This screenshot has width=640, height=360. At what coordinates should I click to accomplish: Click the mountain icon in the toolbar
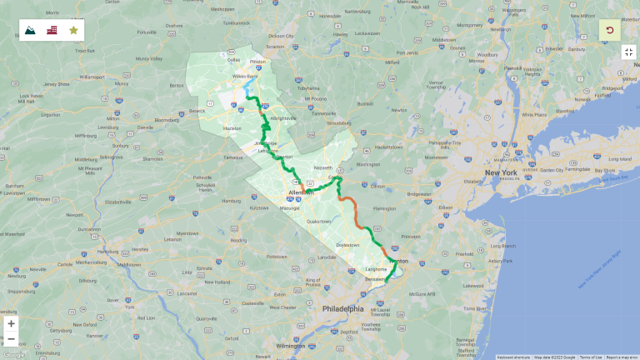tap(31, 30)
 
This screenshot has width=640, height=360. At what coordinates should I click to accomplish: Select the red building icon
tap(52, 30)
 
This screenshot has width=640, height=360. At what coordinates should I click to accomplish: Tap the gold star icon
tap(73, 30)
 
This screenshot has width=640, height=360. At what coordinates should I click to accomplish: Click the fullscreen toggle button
tap(629, 52)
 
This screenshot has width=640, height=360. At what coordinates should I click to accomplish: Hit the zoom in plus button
tap(11, 323)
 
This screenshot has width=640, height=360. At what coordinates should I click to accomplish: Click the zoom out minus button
tap(11, 339)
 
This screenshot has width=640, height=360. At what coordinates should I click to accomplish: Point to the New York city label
tap(501, 172)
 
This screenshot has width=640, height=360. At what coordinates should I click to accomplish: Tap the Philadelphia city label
tap(344, 308)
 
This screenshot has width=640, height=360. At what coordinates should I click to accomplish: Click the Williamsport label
tap(92, 77)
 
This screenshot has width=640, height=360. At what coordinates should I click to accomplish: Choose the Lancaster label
tap(186, 293)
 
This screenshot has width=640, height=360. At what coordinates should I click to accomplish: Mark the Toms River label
tap(475, 307)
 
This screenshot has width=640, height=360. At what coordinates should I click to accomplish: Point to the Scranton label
tap(275, 47)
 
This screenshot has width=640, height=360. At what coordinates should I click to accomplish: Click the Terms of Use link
tap(591, 357)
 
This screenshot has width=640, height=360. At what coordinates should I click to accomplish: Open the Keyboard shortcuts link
tap(513, 357)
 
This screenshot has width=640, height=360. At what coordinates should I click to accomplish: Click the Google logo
tap(14, 354)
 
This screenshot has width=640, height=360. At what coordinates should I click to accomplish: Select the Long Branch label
tap(502, 246)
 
